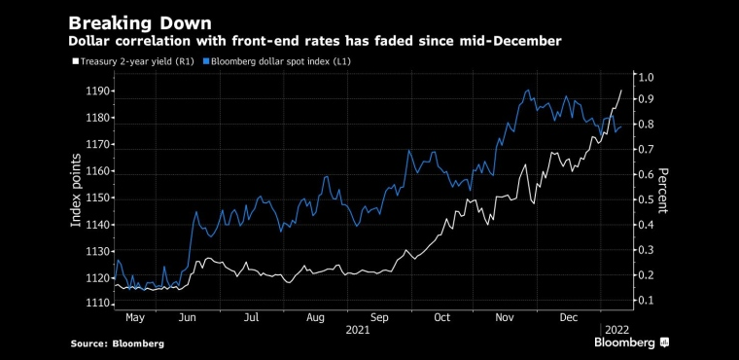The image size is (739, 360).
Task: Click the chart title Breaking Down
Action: [x=140, y=23]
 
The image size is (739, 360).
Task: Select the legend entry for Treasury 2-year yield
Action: [x=133, y=61]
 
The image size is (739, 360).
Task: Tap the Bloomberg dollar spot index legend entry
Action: [x=278, y=61]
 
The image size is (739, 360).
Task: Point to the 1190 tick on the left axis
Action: [x=98, y=91]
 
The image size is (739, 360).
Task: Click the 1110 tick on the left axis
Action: [x=98, y=305]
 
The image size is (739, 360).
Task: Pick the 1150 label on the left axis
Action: [x=98, y=198]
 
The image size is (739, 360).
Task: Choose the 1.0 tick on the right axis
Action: [x=646, y=78]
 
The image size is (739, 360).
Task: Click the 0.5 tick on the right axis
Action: [x=646, y=199]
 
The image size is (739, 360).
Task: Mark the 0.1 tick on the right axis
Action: [x=646, y=301]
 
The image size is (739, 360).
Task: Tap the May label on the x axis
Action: [x=135, y=318]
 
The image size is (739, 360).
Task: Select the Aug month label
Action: [x=315, y=318]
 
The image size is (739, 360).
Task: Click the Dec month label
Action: [x=569, y=318]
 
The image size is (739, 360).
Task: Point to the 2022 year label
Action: [x=616, y=330]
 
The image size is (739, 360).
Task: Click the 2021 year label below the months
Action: [x=358, y=330]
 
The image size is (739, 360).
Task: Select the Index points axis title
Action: [x=76, y=190]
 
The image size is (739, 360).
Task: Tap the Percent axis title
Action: [x=662, y=191]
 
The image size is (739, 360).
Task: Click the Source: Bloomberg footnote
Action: [x=118, y=344]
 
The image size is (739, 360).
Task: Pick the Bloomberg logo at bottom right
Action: [x=631, y=342]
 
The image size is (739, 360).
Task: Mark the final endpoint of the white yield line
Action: [x=621, y=90]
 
